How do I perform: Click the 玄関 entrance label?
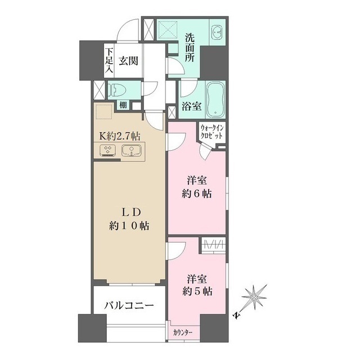(x=128, y=61)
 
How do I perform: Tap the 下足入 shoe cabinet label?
(x=109, y=61)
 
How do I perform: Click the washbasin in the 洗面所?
(x=216, y=33)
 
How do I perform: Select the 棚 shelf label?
(x=123, y=105)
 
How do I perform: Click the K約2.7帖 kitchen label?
(x=120, y=137)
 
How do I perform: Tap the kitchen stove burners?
(x=107, y=151)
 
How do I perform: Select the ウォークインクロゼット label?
(x=213, y=133)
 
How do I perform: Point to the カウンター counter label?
(x=183, y=332)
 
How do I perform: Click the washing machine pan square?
(x=167, y=29)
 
